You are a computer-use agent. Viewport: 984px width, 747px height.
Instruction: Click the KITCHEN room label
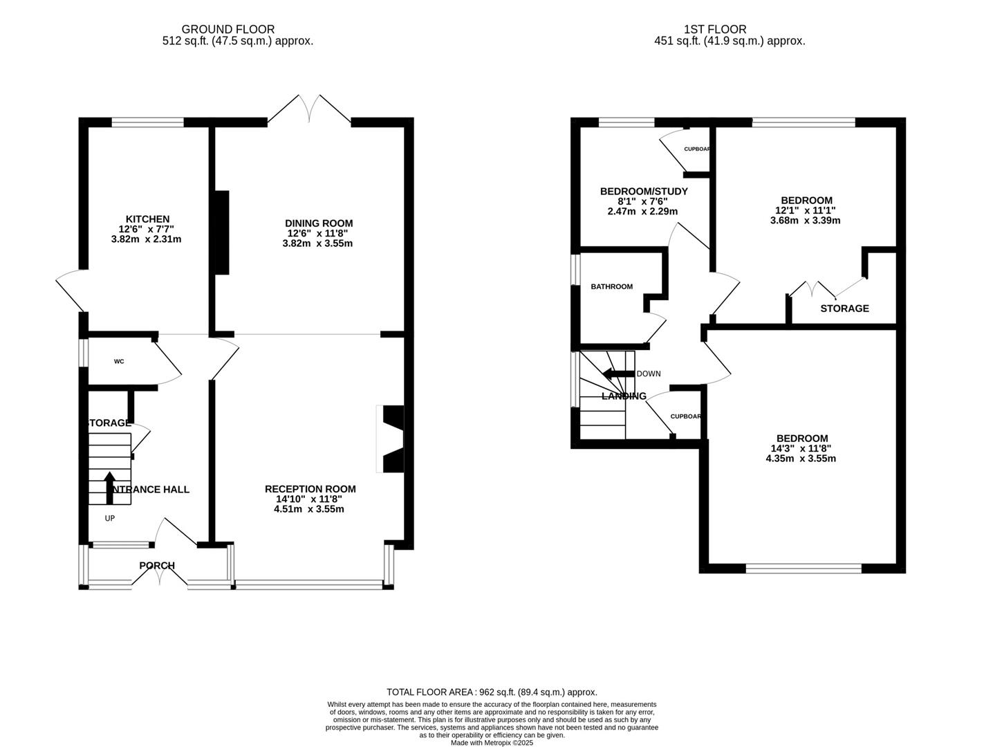pyautogui.click(x=147, y=219)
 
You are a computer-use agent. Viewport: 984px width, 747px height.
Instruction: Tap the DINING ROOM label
pyautogui.click(x=319, y=223)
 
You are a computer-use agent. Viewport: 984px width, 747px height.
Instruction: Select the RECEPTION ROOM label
pyautogui.click(x=310, y=489)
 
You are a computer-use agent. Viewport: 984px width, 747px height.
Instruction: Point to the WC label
pyautogui.click(x=119, y=362)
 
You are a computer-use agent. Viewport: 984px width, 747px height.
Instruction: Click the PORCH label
pyautogui.click(x=157, y=566)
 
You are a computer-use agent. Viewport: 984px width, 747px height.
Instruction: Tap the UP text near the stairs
pyautogui.click(x=110, y=518)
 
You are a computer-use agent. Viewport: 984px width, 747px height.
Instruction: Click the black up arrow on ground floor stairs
pyautogui.click(x=109, y=487)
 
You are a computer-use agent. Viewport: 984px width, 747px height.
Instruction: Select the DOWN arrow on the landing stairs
pyautogui.click(x=618, y=374)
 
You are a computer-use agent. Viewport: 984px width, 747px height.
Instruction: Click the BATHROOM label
pyautogui.click(x=611, y=286)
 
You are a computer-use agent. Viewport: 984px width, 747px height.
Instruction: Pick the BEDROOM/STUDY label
pyautogui.click(x=643, y=192)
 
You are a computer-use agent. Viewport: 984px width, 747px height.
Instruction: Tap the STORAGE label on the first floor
pyautogui.click(x=844, y=308)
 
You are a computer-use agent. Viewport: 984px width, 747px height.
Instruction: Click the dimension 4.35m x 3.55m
pyautogui.click(x=801, y=458)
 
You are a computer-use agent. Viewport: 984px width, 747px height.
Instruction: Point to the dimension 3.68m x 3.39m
pyautogui.click(x=805, y=221)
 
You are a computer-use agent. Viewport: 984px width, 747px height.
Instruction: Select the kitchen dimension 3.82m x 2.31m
pyautogui.click(x=146, y=239)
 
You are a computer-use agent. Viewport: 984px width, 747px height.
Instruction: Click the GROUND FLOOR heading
pyautogui.click(x=228, y=29)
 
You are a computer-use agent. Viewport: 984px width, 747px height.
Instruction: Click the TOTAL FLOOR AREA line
pyautogui.click(x=492, y=692)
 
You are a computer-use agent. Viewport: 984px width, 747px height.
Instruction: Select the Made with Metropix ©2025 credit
pyautogui.click(x=492, y=743)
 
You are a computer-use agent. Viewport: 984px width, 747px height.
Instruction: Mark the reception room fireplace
pyautogui.click(x=391, y=439)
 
